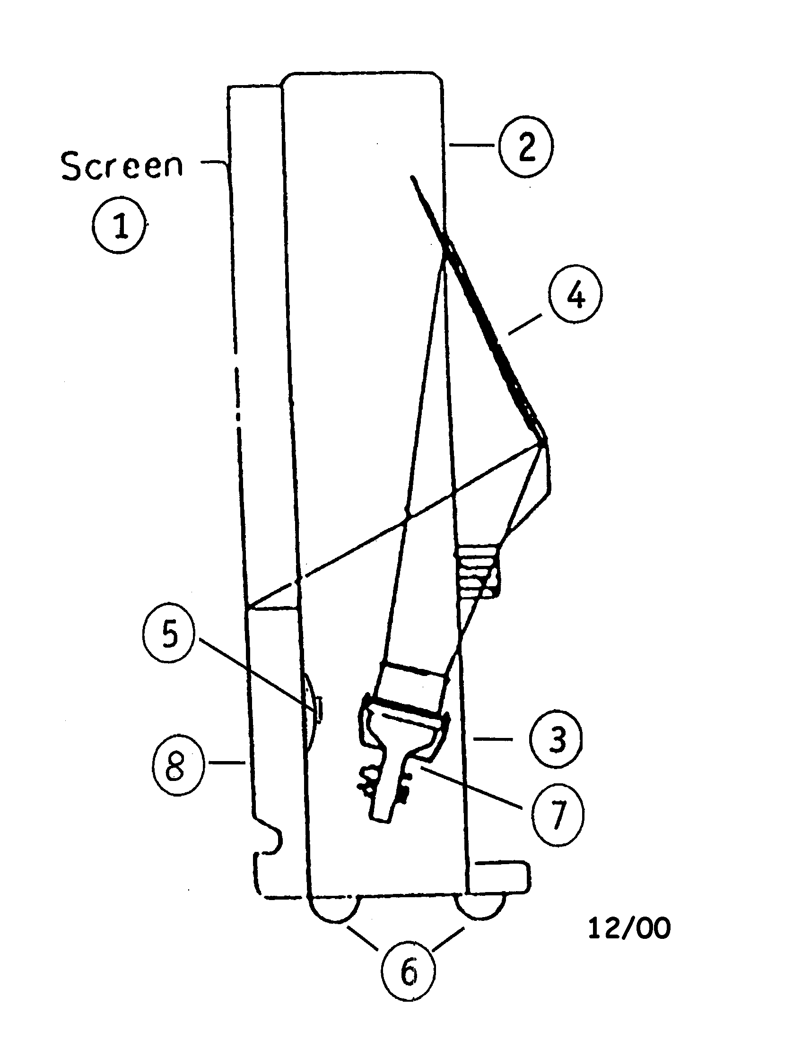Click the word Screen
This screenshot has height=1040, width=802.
[122, 166]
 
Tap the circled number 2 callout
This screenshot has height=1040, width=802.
[525, 147]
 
